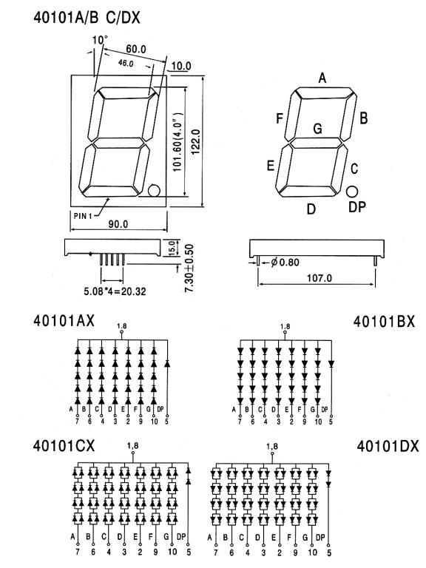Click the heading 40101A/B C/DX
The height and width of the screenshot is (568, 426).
point(87,18)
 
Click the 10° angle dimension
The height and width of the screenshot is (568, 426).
point(100,39)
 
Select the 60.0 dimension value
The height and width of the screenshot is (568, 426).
point(136,49)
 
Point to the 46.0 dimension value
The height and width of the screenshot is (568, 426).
point(126,63)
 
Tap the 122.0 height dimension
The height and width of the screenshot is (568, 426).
point(196,142)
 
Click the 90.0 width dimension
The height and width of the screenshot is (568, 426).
point(118,224)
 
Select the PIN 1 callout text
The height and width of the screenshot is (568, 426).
point(82,216)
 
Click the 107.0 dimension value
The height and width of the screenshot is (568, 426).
point(319,278)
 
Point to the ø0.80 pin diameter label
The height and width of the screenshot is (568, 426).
point(285,262)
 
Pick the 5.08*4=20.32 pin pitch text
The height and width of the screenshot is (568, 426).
point(115,291)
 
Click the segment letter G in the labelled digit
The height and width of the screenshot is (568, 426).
point(317,129)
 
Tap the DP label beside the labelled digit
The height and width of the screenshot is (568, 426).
point(356,207)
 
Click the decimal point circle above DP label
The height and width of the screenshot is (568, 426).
point(352,192)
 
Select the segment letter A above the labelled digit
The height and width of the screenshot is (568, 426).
point(322,78)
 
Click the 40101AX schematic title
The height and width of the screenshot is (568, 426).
point(64,320)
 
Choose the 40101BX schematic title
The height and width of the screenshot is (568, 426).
point(384,321)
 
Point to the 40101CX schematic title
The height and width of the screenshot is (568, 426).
point(64,445)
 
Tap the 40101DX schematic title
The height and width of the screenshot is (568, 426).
point(388,446)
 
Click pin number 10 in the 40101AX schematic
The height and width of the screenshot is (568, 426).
point(155,422)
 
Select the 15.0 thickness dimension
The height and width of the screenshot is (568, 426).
point(172,248)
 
